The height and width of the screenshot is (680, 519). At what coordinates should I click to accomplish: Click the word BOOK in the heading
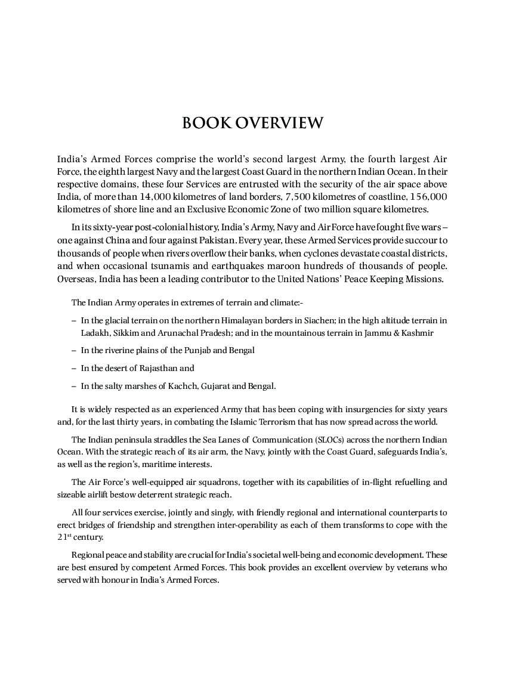[x=206, y=123]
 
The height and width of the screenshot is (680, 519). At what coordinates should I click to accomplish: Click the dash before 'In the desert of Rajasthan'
[x=73, y=368]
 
